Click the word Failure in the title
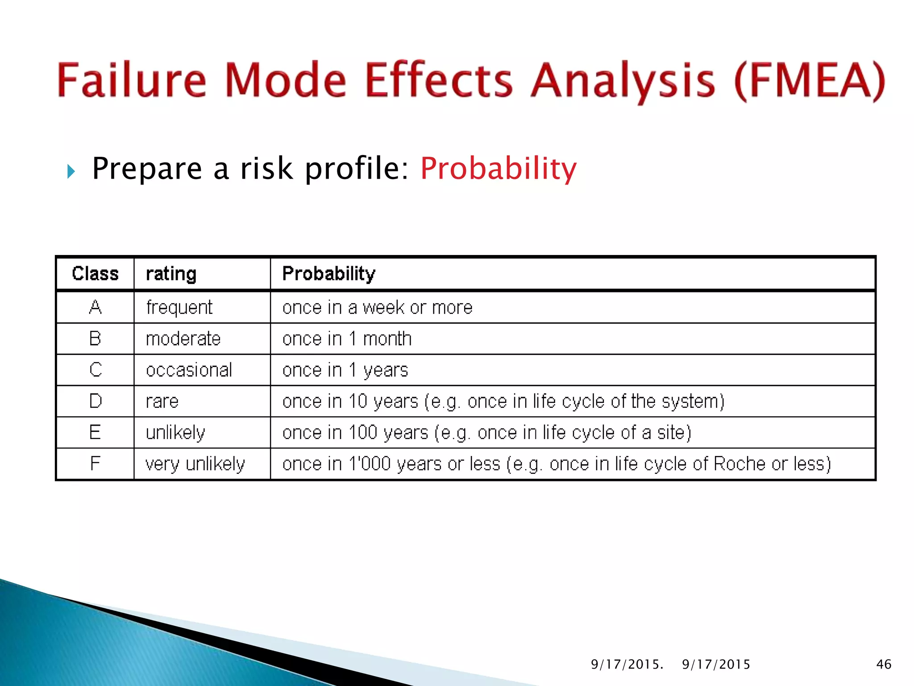(x=132, y=80)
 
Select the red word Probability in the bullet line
(x=498, y=169)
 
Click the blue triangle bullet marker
(x=71, y=171)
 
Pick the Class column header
(x=95, y=273)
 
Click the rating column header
(x=171, y=273)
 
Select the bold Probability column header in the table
(x=329, y=273)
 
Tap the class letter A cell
(x=95, y=307)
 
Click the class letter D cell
(x=95, y=401)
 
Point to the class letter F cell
(x=95, y=464)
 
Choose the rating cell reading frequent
(x=179, y=307)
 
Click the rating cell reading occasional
(x=189, y=370)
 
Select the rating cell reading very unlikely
(x=195, y=464)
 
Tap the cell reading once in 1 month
(x=347, y=339)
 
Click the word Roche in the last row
(x=740, y=464)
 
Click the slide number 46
(x=884, y=664)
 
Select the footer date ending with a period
(x=627, y=664)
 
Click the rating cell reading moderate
(x=183, y=339)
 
